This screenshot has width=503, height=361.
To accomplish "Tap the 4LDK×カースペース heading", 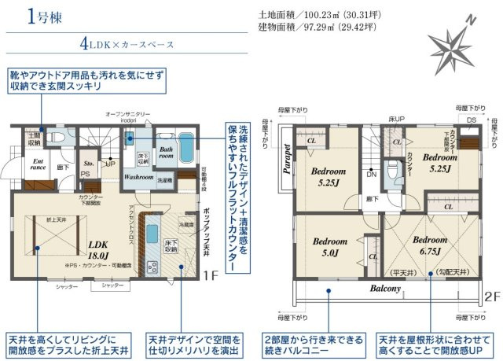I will (126, 45).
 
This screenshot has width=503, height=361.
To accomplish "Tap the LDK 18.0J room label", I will (97, 249).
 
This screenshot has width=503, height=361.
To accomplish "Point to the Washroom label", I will (139, 178).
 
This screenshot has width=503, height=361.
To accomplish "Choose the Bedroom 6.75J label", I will (429, 245).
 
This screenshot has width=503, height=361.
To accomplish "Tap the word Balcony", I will (386, 289).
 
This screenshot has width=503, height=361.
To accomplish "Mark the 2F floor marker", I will (491, 298).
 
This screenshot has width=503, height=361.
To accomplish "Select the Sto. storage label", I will (89, 164).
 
